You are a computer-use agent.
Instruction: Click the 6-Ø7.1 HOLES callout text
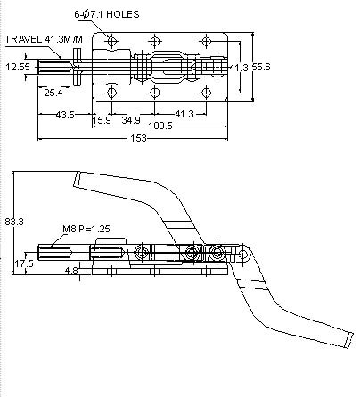click(x=107, y=14)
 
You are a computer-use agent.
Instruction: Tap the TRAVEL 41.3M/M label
click(x=44, y=39)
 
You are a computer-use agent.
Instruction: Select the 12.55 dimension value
click(x=18, y=67)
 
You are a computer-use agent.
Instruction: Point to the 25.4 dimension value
click(x=53, y=93)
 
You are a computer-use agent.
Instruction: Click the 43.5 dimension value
click(x=65, y=115)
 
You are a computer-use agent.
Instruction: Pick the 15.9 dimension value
click(x=102, y=120)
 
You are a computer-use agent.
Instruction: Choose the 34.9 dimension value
click(x=131, y=120)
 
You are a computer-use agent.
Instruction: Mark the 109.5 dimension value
click(x=160, y=126)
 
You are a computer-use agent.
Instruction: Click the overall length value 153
click(x=138, y=138)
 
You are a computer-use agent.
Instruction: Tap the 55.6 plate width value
click(x=261, y=67)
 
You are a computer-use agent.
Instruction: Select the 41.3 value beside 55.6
click(x=239, y=68)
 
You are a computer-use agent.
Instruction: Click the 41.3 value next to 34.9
click(x=184, y=114)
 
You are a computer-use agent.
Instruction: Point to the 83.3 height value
click(x=14, y=222)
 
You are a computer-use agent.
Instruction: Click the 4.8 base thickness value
click(x=71, y=271)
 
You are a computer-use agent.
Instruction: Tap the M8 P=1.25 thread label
click(x=86, y=229)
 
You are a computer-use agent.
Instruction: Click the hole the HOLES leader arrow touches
click(x=111, y=41)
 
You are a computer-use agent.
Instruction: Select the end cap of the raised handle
click(x=77, y=179)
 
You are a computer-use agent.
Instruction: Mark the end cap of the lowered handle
click(x=349, y=340)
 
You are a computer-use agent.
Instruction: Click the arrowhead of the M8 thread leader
click(x=53, y=245)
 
